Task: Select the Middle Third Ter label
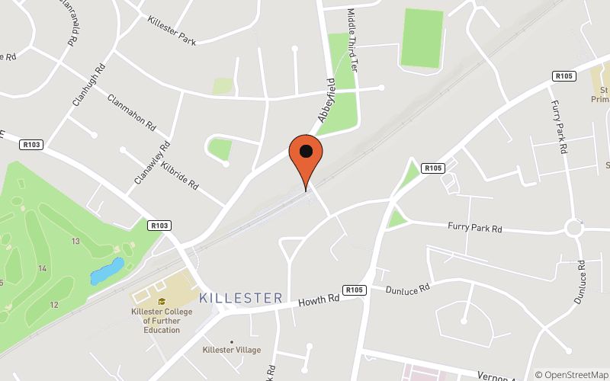point(353,40)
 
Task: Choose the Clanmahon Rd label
point(132,112)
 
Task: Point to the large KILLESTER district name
point(241,298)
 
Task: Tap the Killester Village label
point(232,350)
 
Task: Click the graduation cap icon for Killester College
point(162,301)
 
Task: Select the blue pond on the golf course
point(107,271)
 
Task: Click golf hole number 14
point(42,268)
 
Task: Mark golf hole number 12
point(53,305)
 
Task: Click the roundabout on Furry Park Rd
point(575,227)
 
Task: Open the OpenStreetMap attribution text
point(572,374)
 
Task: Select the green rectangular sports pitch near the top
point(422,38)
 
